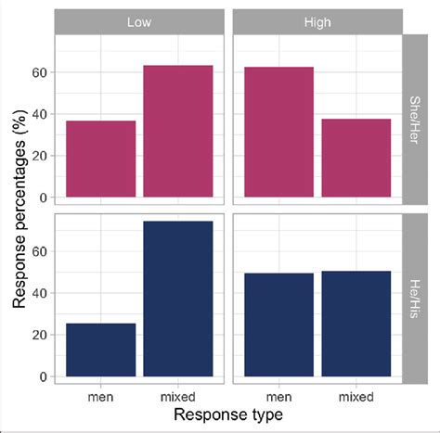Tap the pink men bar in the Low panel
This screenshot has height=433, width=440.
[101, 159]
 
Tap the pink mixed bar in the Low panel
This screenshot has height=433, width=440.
[178, 131]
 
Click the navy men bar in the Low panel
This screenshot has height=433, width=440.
[101, 350]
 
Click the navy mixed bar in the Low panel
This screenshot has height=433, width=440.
[178, 299]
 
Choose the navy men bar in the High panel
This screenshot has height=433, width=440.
[278, 325]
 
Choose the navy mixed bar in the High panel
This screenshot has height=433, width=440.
[356, 324]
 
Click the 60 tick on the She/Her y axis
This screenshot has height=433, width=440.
[40, 72]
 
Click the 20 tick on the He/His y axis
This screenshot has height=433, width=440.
[40, 335]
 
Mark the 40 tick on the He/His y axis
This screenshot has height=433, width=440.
[40, 292]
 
